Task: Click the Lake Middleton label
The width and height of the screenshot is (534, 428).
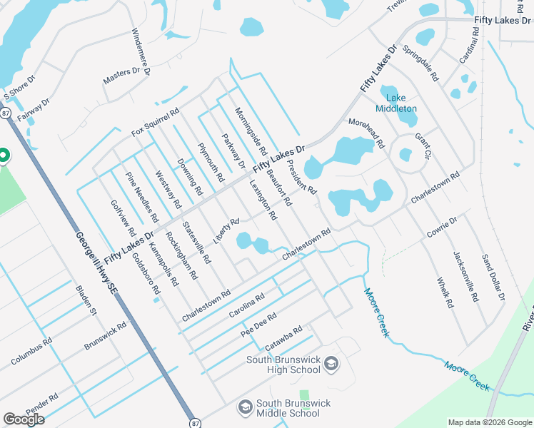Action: point(400,103)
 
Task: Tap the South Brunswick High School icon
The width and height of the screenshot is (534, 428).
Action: point(331,365)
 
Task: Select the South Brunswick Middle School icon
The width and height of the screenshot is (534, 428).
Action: point(245,407)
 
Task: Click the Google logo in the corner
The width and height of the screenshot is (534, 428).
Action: point(24,419)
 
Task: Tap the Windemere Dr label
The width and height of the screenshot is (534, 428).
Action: point(141,52)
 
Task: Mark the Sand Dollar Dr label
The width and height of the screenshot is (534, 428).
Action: point(493,276)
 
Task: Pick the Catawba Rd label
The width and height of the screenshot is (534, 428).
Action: point(284,339)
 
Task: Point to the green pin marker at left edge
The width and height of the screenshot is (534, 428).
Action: point(3,155)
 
